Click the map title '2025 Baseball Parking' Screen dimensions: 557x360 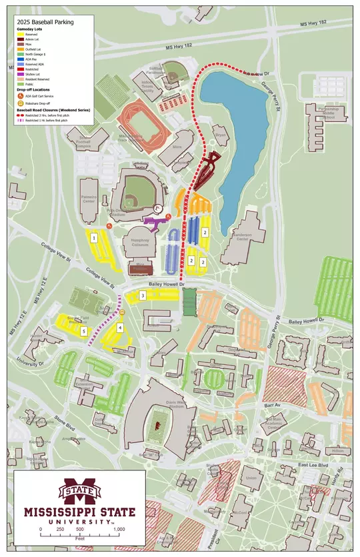45,22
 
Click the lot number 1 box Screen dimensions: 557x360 95,237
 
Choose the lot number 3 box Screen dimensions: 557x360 143,296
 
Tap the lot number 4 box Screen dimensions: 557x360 120,327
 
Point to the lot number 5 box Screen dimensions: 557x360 83,330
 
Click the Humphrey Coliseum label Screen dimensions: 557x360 139,244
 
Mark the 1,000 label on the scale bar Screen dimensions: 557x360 119,530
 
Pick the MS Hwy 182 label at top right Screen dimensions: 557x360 313,23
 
